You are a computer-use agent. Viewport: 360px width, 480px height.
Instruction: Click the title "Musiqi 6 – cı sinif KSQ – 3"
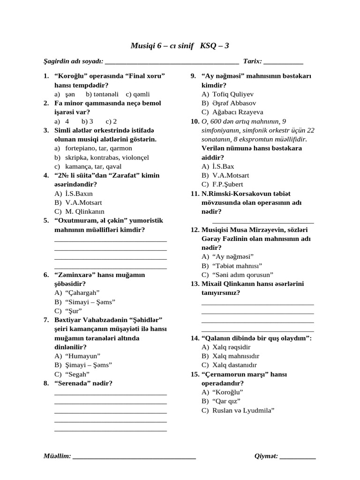pos(180,45)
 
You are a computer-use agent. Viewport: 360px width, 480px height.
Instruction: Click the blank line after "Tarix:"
pos(283,62)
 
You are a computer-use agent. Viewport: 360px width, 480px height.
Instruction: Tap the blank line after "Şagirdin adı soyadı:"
pos(172,62)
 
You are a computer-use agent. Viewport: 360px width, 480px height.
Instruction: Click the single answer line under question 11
pos(263,221)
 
